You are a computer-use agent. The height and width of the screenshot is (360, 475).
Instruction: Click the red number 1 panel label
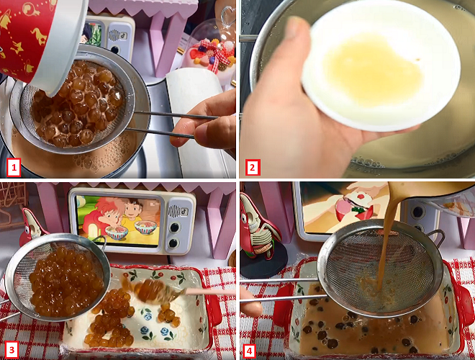pyautogui.click(x=14, y=167)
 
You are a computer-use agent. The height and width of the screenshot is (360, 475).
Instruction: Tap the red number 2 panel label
pyautogui.click(x=253, y=167)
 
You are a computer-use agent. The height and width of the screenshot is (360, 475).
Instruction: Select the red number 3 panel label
pyautogui.click(x=12, y=350)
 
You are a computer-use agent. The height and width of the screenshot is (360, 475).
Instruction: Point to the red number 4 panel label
pyautogui.click(x=249, y=351)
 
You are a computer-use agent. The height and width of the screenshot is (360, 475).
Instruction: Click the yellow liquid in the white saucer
pyautogui.click(x=373, y=70)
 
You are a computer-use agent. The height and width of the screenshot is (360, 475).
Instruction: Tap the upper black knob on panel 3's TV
pyautogui.click(x=175, y=228)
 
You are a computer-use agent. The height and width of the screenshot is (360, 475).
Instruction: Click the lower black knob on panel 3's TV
pyautogui.click(x=173, y=243)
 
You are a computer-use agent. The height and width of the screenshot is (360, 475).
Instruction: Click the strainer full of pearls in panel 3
pyautogui.click(x=58, y=277)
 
